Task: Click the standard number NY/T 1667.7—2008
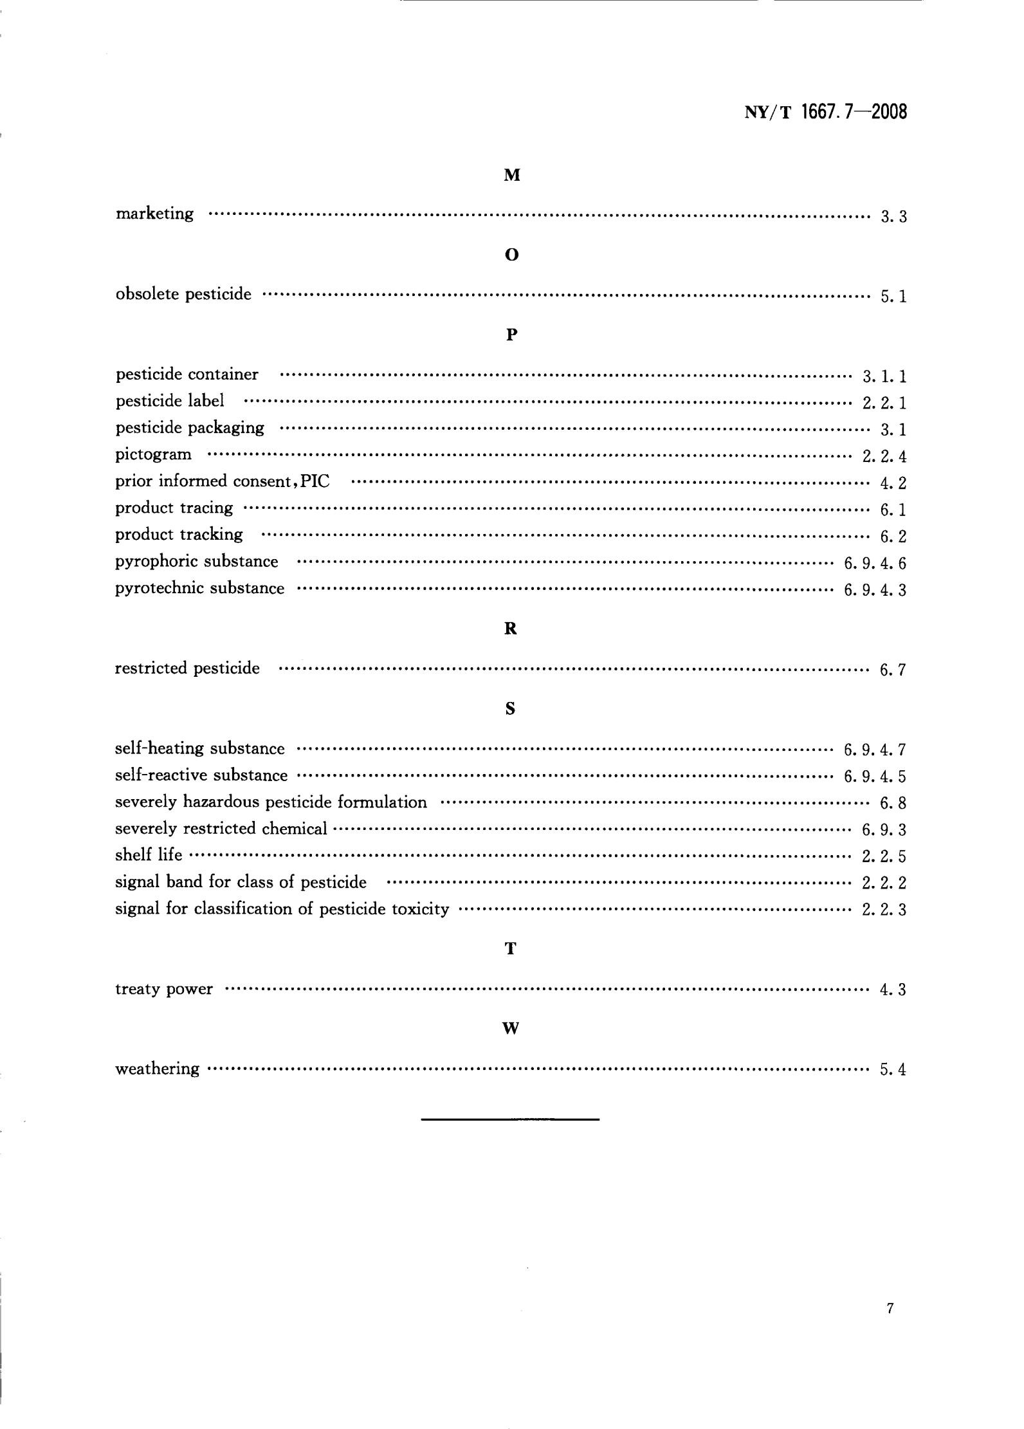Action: coord(825,112)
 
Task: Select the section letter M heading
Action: coord(511,175)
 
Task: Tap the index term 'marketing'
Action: coord(154,214)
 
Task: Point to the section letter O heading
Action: coord(511,255)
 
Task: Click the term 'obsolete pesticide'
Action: coord(183,294)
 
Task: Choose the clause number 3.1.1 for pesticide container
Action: coord(884,376)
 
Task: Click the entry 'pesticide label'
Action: coord(170,401)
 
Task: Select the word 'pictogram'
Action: coord(153,454)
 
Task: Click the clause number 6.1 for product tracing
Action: coord(893,510)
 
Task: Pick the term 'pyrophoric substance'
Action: coord(197,561)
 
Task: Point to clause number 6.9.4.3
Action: coord(875,590)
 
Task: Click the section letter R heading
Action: coord(511,629)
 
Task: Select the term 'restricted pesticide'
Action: coord(187,668)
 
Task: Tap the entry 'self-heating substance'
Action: coord(199,748)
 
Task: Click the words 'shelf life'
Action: coord(149,855)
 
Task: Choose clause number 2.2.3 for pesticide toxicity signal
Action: coord(884,910)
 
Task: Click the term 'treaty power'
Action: coord(163,989)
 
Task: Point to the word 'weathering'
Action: coord(157,1069)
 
